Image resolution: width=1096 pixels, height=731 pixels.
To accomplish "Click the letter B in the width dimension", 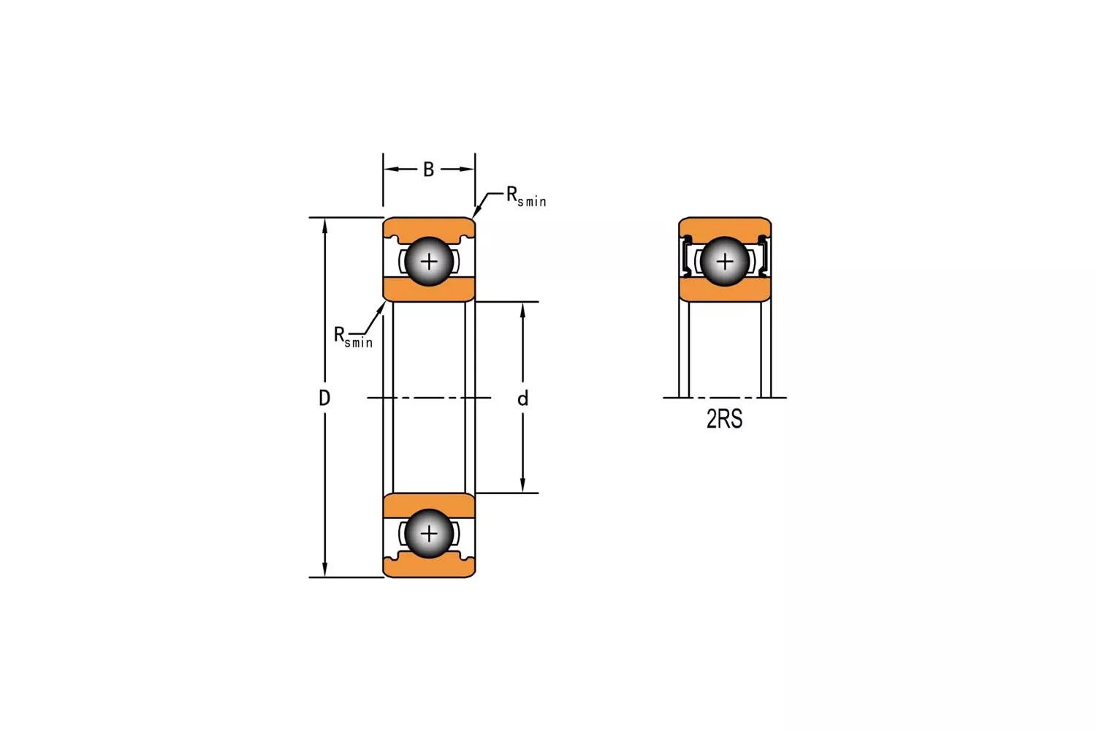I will pyautogui.click(x=429, y=170).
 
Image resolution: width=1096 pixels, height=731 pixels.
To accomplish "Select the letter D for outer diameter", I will pyautogui.click(x=324, y=398).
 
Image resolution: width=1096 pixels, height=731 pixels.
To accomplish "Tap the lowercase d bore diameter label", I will pyautogui.click(x=522, y=398).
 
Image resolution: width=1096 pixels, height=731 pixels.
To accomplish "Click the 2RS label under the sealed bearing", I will pyautogui.click(x=724, y=419).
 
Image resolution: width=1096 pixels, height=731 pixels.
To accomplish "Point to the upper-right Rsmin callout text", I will pyautogui.click(x=526, y=197).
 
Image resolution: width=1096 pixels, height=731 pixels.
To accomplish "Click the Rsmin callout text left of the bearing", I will pyautogui.click(x=353, y=337).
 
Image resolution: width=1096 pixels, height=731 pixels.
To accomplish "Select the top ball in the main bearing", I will pyautogui.click(x=429, y=261).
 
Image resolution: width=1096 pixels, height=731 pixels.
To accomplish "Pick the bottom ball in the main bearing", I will pyautogui.click(x=429, y=534).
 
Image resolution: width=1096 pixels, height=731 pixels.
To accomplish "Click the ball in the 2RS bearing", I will pyautogui.click(x=724, y=261).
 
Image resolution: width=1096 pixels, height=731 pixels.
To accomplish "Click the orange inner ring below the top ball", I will pyautogui.click(x=429, y=289).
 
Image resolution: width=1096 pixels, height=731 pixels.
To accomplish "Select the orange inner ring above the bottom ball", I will pyautogui.click(x=429, y=504).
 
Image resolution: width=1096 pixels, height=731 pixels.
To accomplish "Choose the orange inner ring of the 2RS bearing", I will pyautogui.click(x=724, y=290).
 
